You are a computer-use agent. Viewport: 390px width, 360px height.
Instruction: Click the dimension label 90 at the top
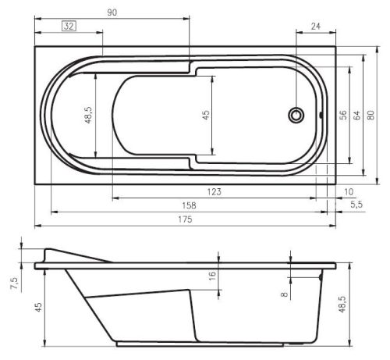[112, 12]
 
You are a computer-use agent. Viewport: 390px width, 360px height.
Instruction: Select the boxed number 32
[69, 27]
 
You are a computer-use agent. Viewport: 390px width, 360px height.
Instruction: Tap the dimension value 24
[316, 27]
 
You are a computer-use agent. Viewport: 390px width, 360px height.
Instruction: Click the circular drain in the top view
[296, 115]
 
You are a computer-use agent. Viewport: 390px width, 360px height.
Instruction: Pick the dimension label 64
[356, 115]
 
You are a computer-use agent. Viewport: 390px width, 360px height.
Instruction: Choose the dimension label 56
[342, 115]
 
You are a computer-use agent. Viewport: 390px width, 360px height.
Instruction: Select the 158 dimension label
[187, 205]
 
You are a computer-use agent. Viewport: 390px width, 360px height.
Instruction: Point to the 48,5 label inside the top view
[88, 115]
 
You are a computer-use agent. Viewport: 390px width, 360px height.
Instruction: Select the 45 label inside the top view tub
[206, 115]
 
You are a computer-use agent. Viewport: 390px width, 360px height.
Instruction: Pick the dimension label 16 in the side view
[211, 275]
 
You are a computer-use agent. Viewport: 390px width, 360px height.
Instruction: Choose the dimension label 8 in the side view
[284, 294]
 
